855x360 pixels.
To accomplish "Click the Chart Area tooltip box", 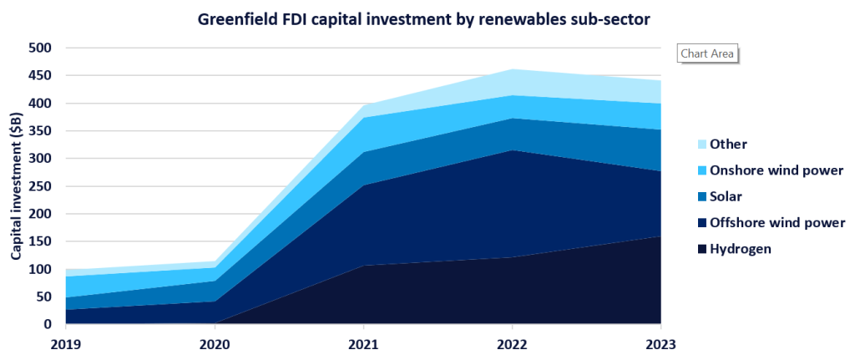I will pyautogui.click(x=707, y=53).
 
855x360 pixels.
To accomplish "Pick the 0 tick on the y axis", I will pyautogui.click(x=47, y=324).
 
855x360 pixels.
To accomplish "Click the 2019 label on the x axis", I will pyautogui.click(x=67, y=343).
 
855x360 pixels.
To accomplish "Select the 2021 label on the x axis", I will pyautogui.click(x=363, y=343).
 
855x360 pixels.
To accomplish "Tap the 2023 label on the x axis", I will pyautogui.click(x=660, y=343).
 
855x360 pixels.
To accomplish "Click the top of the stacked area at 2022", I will pyautogui.click(x=512, y=69).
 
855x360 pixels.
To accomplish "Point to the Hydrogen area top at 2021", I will pyautogui.click(x=363, y=265).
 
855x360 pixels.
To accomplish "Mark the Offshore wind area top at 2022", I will pyautogui.click(x=512, y=150).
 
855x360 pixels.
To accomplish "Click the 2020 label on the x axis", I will pyautogui.click(x=215, y=343).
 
